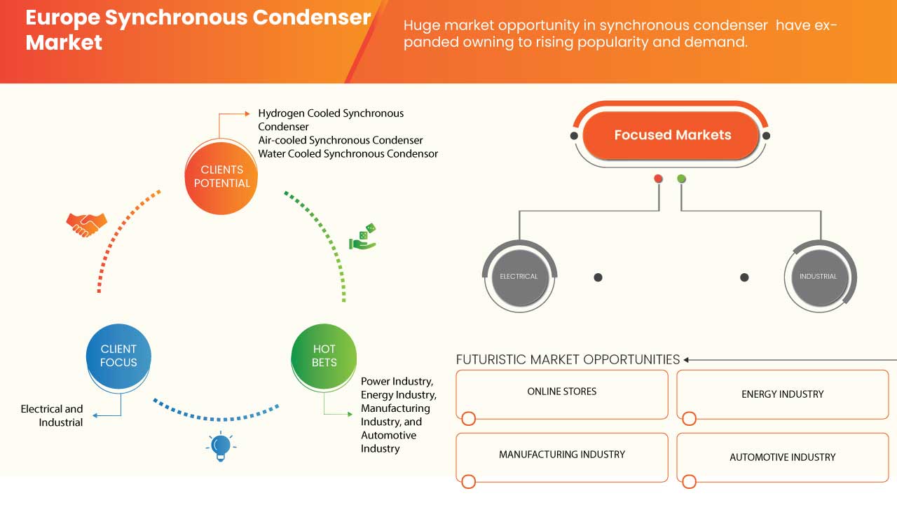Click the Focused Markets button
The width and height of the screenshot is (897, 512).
[671, 135]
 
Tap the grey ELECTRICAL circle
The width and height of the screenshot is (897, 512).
[519, 277]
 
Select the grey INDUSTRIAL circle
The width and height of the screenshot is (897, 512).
[818, 277]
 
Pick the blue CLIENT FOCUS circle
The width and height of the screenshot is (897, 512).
[118, 356]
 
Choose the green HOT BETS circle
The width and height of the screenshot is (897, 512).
[324, 356]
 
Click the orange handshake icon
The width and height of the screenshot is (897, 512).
[86, 224]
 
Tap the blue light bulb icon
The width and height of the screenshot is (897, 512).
[221, 446]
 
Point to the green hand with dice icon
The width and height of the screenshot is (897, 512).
[363, 237]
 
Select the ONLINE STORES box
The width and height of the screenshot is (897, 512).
[561, 392]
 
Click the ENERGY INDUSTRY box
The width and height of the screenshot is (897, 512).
[782, 394]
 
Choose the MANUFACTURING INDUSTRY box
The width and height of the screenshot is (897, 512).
[561, 455]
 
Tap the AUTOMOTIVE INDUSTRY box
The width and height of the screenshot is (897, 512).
[782, 457]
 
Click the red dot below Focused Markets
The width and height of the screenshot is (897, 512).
[658, 179]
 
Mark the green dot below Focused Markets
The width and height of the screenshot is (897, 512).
[681, 179]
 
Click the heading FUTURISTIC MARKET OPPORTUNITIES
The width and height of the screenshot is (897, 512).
[568, 359]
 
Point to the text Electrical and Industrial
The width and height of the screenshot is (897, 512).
[52, 415]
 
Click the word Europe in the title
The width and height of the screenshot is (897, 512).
[64, 18]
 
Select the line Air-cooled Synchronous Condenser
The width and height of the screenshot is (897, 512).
[340, 140]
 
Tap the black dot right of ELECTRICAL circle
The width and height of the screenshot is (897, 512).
[598, 277]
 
